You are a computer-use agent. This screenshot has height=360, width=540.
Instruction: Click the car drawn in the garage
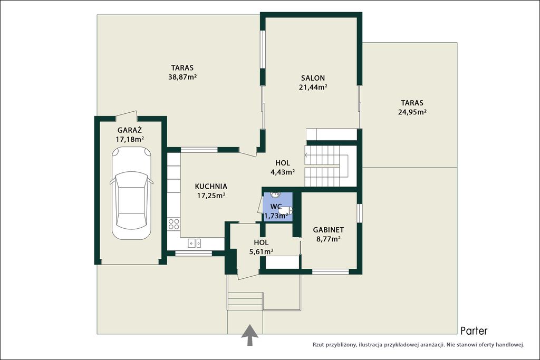coord(131,193)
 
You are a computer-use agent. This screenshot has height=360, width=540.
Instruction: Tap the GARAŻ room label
coord(130,130)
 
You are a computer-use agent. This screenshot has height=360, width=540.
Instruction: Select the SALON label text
coord(313,78)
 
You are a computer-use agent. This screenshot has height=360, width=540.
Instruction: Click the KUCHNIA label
coord(211,187)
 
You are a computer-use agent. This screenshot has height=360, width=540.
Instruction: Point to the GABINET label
coord(328,230)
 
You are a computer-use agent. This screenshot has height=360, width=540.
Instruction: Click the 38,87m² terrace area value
coord(182,77)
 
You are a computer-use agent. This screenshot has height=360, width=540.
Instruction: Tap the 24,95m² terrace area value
coord(412,112)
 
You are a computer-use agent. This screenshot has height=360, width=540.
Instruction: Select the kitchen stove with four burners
coord(174,224)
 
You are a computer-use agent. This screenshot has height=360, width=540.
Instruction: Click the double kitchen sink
coord(195,244)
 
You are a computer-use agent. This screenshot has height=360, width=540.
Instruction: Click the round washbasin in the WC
coord(275,195)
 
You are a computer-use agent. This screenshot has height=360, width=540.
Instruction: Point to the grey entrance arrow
coord(249,335)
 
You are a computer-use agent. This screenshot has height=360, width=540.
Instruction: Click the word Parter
coord(474,331)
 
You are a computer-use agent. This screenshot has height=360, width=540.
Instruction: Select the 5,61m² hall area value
coord(262,251)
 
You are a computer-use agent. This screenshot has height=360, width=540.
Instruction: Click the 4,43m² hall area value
coord(283,172)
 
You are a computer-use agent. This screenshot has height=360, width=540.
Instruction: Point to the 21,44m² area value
coord(313,87)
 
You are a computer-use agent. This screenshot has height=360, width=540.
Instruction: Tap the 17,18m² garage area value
coord(130,139)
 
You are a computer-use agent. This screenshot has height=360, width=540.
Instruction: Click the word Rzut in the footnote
coord(318,344)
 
